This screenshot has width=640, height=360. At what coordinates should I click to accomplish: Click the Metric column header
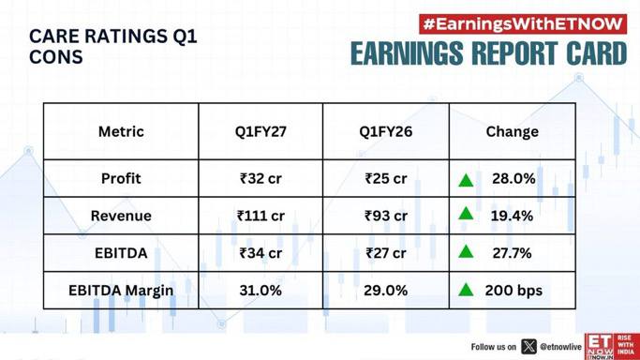121,131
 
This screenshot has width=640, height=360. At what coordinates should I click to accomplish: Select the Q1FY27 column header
260,131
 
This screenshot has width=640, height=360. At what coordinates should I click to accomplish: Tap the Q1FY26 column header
386,131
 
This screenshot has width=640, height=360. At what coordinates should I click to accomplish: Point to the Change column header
513,131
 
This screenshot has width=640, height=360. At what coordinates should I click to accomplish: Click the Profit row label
121,178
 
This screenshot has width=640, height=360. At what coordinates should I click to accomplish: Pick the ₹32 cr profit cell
260,178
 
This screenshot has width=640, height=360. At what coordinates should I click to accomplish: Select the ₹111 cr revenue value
260,216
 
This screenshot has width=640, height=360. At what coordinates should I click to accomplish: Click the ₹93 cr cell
386,216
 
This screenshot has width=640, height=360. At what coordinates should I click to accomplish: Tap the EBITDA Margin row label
121,291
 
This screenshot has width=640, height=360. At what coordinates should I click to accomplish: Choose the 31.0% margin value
260,291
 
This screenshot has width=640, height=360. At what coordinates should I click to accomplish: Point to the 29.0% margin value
386,291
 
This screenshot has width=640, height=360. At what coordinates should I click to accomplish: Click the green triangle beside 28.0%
466,180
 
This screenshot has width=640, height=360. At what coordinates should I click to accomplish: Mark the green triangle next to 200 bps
466,291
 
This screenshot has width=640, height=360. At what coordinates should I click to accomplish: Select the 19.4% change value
512,216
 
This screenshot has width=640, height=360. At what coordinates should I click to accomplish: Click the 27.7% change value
512,253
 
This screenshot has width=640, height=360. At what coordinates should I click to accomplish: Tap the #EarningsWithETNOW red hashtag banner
523,24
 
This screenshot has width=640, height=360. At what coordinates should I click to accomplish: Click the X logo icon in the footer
528,347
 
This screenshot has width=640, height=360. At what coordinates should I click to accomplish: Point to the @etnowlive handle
560,347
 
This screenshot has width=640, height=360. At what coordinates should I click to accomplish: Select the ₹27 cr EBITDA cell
386,253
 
